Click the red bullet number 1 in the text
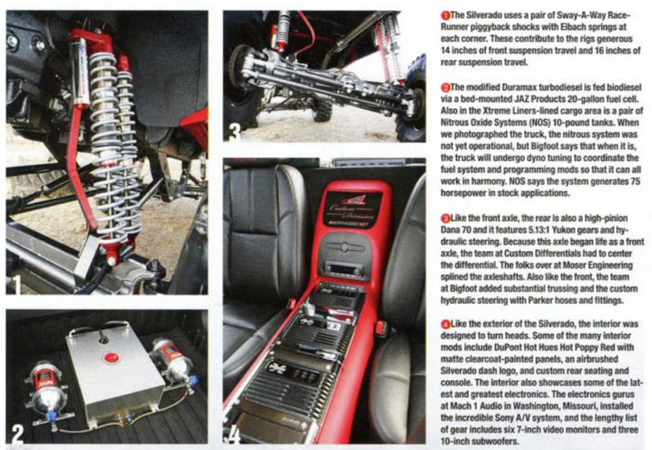(x=446, y=16)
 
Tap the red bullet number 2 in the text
(x=446, y=87)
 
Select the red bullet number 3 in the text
(x=446, y=218)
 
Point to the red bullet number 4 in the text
(x=446, y=324)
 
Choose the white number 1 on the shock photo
(x=16, y=284)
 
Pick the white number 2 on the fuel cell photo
(x=17, y=434)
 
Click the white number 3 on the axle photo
(x=234, y=131)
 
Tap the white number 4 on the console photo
(x=234, y=434)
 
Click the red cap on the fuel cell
(x=111, y=358)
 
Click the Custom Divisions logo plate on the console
(x=353, y=209)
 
